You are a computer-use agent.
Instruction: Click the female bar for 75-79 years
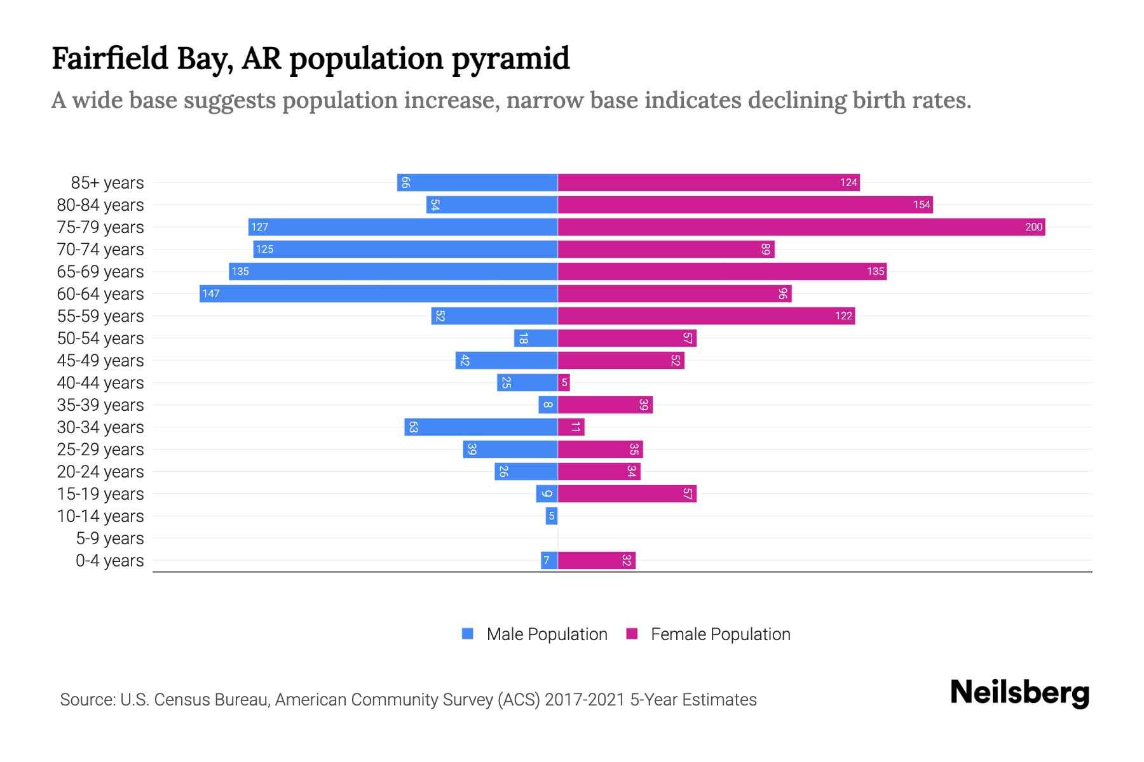801,227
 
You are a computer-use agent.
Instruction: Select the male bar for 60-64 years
379,293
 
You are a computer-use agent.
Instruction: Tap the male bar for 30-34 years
481,427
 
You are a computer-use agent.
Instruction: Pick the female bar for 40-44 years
564,382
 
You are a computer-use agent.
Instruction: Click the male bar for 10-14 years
552,516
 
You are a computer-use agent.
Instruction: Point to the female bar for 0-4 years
596,560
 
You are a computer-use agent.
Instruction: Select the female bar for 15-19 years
627,493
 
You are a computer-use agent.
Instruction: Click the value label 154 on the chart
922,204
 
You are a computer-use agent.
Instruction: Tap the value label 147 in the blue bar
211,293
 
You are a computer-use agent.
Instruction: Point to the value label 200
1033,227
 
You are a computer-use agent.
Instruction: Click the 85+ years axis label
107,183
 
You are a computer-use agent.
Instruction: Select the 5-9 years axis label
110,538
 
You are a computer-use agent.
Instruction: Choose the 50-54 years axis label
100,338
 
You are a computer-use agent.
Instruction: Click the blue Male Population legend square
468,634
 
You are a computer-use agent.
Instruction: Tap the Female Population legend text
720,634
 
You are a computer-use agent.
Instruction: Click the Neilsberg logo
1019,693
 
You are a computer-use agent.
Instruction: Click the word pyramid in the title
510,59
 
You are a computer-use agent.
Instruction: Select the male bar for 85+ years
477,182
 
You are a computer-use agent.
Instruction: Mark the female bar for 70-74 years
665,249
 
